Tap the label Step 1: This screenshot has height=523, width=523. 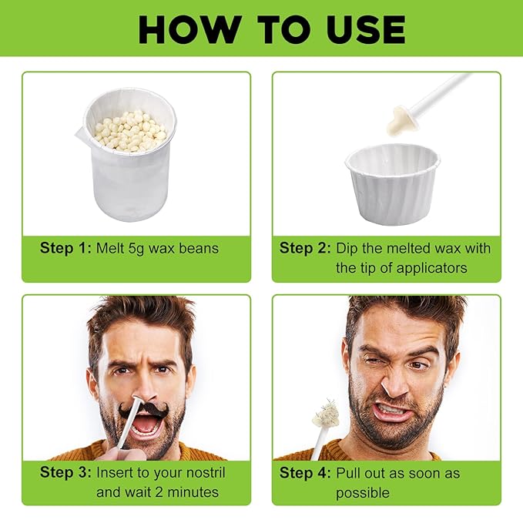pyautogui.click(x=65, y=248)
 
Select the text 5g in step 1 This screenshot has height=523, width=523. pyautogui.click(x=136, y=249)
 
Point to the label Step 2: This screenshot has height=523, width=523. pyautogui.click(x=305, y=248)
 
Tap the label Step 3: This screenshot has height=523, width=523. pyautogui.click(x=65, y=472)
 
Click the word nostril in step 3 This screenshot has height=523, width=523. pyautogui.click(x=206, y=472)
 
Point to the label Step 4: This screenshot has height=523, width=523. pyautogui.click(x=305, y=473)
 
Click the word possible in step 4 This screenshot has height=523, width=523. pyautogui.click(x=363, y=493)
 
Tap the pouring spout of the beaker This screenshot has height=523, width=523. pyautogui.click(x=80, y=133)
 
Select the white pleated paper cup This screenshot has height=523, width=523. pyautogui.click(x=393, y=184)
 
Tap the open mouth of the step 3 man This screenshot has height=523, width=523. pyautogui.click(x=145, y=424)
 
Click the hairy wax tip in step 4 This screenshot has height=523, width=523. pyautogui.click(x=325, y=414)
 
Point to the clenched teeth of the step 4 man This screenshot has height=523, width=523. pyautogui.click(x=392, y=410)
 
